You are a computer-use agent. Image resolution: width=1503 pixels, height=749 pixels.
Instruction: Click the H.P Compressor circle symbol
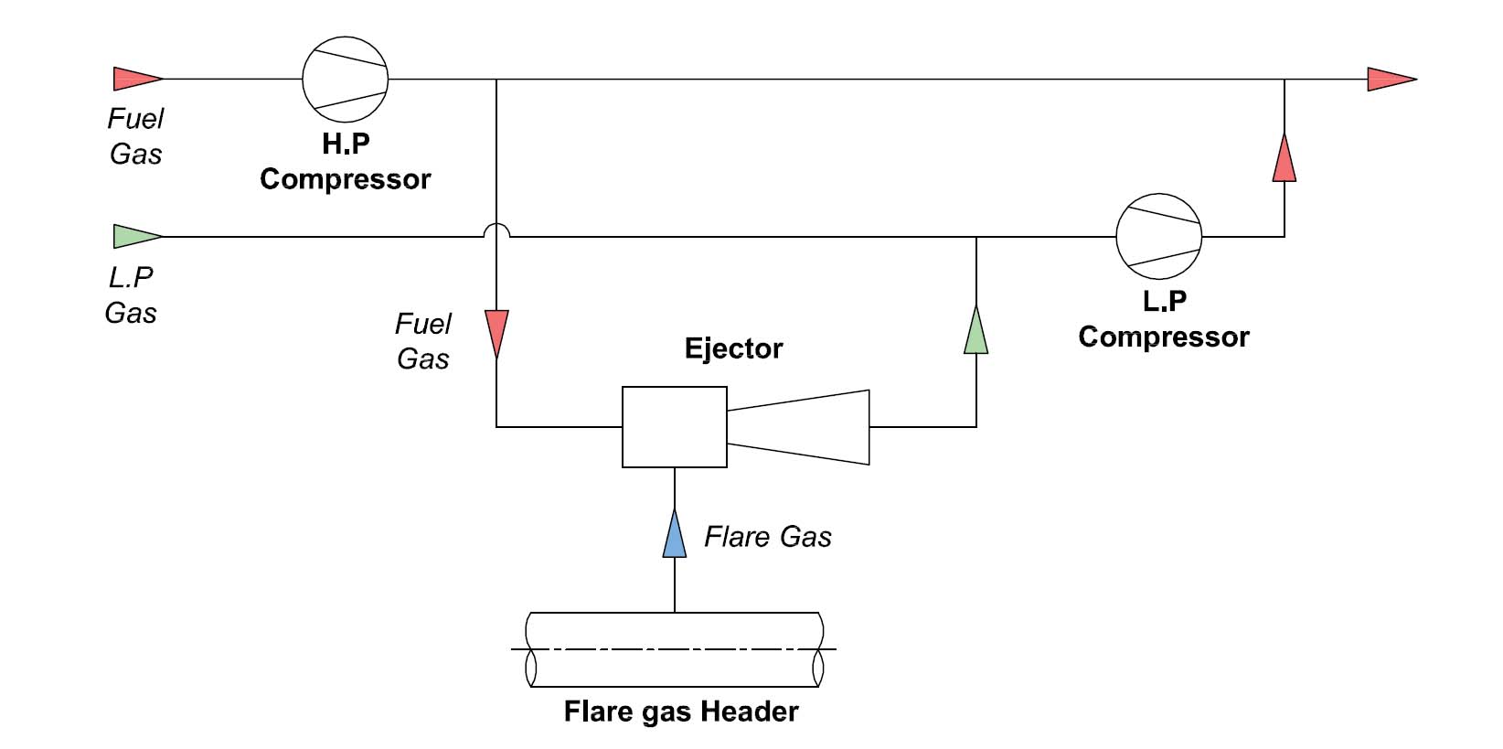coord(346,80)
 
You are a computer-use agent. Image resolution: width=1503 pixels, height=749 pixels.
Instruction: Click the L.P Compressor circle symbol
coord(1158,236)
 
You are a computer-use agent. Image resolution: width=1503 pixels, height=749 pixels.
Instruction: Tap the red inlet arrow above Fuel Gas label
coord(136,79)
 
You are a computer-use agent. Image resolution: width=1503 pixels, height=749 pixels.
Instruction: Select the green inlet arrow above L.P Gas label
coord(136,236)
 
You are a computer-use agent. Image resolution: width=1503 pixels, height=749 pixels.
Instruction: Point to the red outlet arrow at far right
coord(1391,80)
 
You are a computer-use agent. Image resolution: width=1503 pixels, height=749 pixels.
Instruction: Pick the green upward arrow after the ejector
coord(976,330)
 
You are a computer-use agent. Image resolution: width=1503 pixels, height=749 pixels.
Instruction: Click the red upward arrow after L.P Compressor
coord(1284,158)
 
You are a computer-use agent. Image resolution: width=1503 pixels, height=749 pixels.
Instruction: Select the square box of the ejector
coord(675,427)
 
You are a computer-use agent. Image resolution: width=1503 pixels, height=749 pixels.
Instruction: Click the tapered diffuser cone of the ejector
coord(798,427)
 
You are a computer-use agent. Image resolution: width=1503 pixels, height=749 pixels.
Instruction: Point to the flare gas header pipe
coord(675,650)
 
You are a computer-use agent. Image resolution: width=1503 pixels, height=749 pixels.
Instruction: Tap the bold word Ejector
coord(733,348)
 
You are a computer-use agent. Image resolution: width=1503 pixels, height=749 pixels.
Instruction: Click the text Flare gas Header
coord(681,712)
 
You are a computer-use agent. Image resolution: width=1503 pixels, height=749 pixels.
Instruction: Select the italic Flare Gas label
coord(767,537)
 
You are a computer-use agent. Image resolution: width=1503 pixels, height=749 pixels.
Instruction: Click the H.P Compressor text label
coord(346,162)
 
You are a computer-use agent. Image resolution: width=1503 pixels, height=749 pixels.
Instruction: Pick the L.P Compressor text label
coord(1163,319)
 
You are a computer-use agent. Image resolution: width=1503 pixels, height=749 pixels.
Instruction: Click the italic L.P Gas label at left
coord(131,295)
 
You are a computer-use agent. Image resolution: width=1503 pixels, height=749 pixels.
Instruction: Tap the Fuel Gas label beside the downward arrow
coord(423,341)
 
